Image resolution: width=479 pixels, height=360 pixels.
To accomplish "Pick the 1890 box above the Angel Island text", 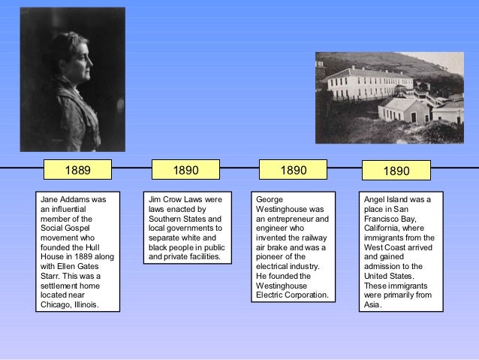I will [396, 171].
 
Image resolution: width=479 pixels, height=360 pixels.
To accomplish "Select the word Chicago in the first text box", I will [58, 305].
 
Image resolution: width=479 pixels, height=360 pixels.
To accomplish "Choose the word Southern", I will [167, 218].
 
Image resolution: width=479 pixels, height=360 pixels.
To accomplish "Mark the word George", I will [270, 200].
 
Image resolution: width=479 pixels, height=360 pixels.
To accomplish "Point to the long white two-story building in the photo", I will [375, 83].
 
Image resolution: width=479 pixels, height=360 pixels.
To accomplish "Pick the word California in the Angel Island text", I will [386, 228].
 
